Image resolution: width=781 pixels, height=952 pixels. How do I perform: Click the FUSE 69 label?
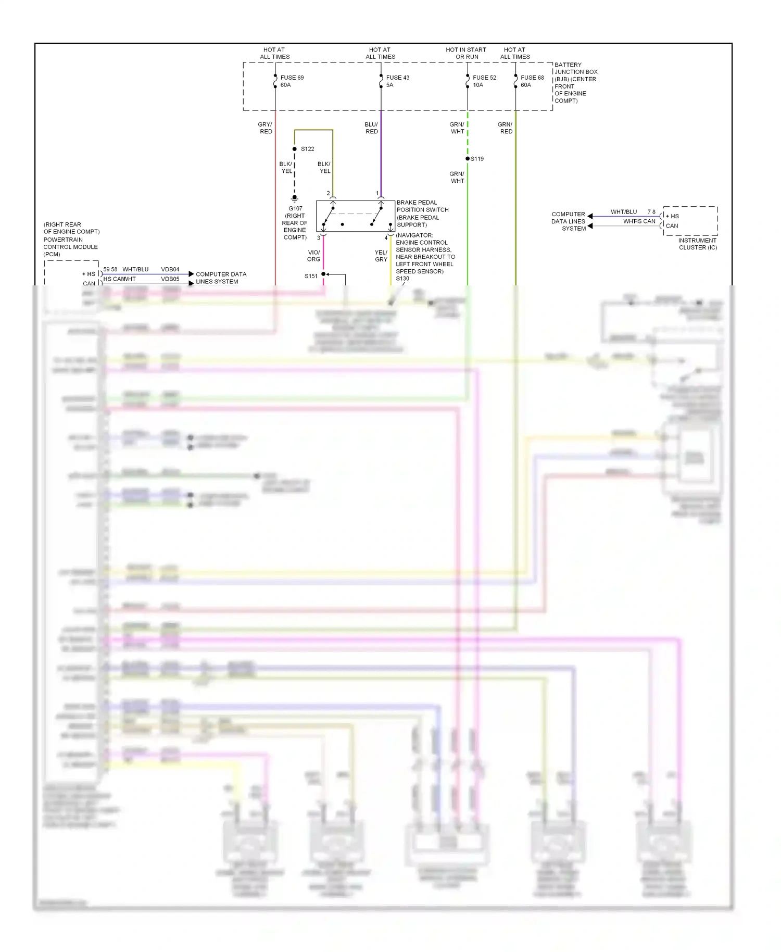[292, 78]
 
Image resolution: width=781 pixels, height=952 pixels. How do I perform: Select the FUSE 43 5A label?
[397, 81]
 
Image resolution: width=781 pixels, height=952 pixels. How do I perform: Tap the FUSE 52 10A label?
[484, 81]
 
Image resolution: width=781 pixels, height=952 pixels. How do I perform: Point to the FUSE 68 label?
[532, 78]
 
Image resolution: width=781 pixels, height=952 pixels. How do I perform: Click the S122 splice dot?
[295, 149]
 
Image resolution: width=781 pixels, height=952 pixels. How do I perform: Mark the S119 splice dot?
[468, 158]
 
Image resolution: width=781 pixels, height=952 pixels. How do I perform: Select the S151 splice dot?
[323, 274]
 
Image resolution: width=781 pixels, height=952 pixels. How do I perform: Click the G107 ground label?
[295, 208]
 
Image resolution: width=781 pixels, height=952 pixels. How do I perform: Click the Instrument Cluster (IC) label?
[698, 244]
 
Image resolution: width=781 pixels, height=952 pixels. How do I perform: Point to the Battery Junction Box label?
[575, 82]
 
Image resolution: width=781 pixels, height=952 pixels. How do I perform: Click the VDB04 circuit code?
[170, 269]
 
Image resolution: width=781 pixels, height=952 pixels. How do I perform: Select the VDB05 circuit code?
[170, 279]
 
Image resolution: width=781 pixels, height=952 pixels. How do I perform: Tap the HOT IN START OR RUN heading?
[466, 53]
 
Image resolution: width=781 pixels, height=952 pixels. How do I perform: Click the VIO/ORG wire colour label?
[313, 256]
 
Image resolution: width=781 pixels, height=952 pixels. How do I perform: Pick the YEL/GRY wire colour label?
[381, 256]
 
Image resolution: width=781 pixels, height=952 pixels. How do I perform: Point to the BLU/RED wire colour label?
[371, 128]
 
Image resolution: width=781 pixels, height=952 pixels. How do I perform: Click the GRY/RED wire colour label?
[265, 128]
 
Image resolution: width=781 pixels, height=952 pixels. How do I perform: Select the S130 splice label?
[402, 279]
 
